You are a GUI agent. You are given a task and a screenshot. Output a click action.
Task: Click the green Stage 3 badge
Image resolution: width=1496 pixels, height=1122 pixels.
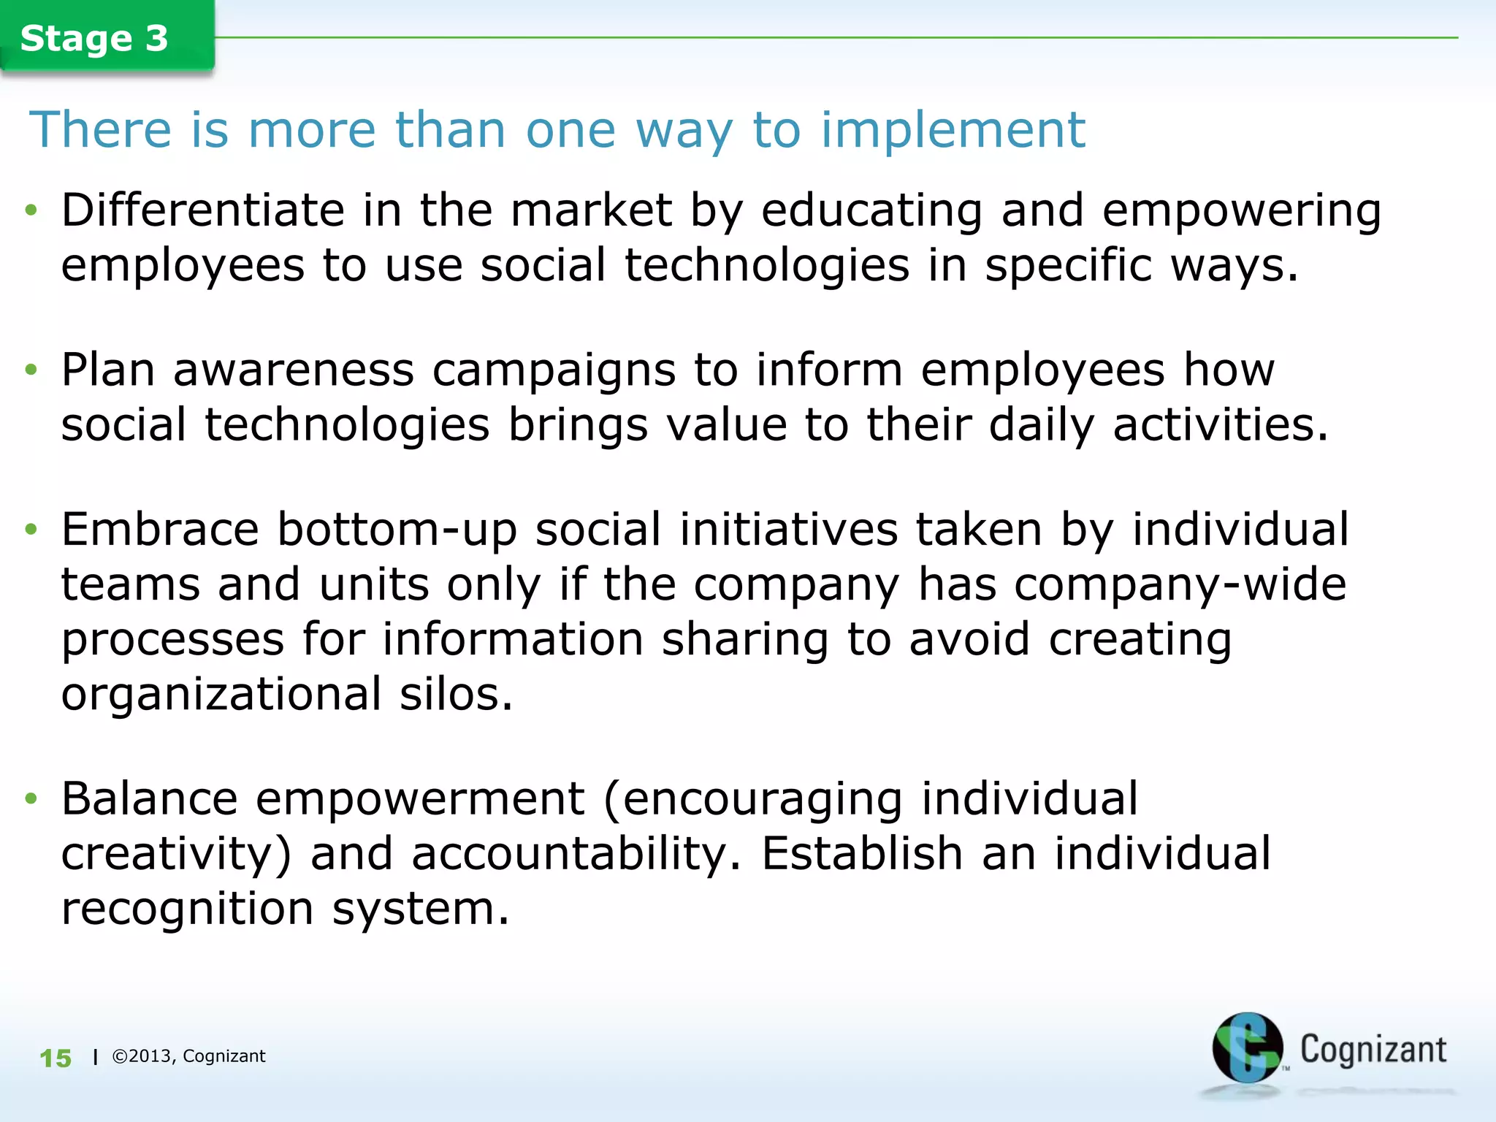[95, 38]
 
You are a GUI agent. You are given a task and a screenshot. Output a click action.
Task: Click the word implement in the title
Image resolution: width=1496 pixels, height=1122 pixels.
[953, 130]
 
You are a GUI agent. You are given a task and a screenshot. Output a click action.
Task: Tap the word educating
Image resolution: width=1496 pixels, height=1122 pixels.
[871, 212]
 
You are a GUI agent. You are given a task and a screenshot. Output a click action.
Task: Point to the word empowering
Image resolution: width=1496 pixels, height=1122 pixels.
[1242, 212]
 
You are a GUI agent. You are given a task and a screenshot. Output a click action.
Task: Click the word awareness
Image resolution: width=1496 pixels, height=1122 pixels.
[294, 370]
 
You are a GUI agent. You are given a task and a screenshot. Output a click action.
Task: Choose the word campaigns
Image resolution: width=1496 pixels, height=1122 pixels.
[554, 371]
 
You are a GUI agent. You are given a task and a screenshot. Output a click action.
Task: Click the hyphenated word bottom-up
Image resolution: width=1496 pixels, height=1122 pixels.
[397, 530]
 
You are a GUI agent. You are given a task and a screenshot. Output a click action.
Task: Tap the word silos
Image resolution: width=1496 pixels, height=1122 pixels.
[456, 694]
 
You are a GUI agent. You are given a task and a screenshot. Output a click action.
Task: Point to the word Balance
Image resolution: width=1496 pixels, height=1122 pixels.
[150, 798]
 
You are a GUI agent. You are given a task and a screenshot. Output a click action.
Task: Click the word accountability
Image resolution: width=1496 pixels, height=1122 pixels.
[576, 854]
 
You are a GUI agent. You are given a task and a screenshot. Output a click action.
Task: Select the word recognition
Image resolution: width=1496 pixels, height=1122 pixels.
[188, 909]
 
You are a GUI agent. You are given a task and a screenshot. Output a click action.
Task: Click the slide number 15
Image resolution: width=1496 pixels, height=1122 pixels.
[56, 1058]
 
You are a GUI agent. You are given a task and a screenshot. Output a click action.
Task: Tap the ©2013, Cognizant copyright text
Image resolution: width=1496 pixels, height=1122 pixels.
[188, 1056]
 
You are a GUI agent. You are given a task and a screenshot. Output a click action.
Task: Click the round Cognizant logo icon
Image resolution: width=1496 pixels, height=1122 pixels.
[1247, 1048]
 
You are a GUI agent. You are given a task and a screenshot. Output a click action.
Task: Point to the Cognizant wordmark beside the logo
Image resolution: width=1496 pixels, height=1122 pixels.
[1373, 1050]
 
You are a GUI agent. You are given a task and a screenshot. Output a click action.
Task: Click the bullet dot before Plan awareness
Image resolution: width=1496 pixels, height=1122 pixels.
[30, 370]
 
